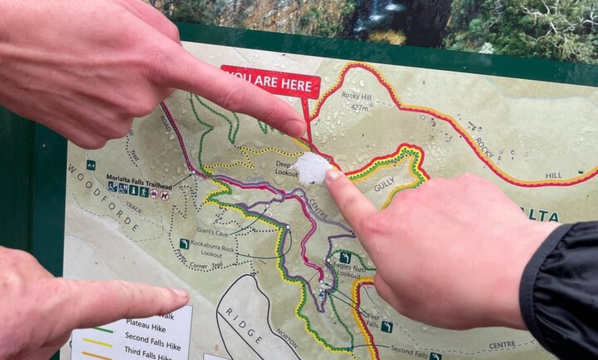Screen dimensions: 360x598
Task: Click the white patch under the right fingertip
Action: (312, 168)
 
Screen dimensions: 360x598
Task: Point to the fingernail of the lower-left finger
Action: (178, 295)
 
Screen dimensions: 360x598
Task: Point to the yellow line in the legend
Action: (97, 341)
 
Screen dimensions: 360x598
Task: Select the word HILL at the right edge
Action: (554, 175)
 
